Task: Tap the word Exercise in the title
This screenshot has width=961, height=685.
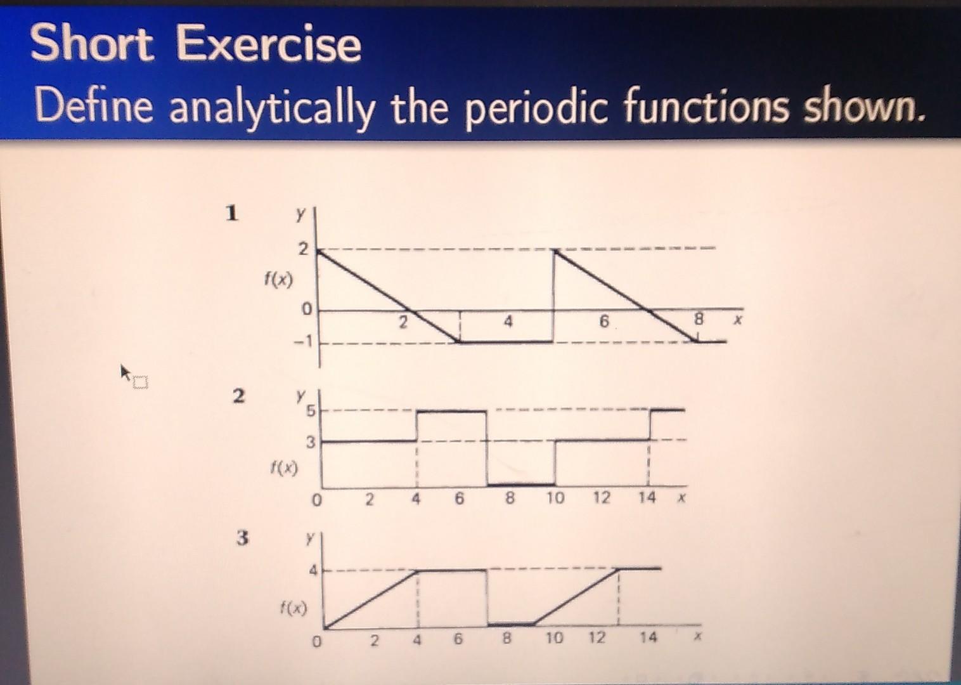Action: [268, 44]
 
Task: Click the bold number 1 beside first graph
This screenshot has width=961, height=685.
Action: [233, 213]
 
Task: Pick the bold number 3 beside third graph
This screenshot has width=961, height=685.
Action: [242, 538]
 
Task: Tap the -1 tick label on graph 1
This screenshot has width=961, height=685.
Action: [302, 342]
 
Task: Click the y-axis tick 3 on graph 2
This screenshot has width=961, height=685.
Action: [310, 443]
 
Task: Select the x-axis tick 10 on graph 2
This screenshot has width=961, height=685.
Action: [555, 499]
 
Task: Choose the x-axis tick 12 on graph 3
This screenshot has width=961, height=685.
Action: [597, 637]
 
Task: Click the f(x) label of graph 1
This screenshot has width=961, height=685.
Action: [279, 279]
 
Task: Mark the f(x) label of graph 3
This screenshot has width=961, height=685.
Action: [293, 610]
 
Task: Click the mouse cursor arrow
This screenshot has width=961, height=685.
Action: [125, 370]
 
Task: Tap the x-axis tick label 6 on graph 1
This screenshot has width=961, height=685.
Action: [603, 322]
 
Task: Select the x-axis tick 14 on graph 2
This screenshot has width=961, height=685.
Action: [647, 498]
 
